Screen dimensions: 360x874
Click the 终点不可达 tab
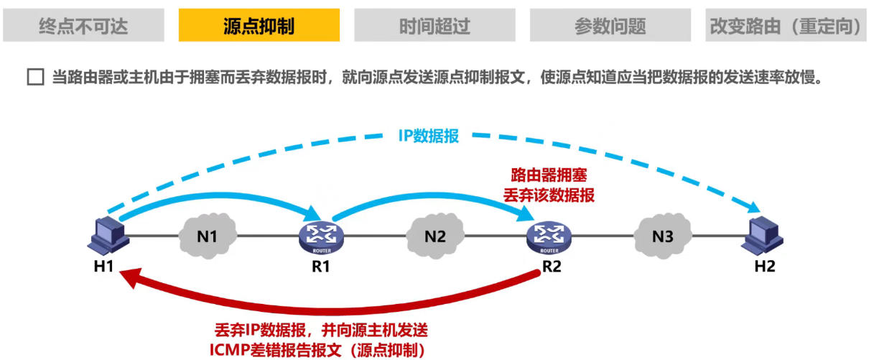pyautogui.click(x=83, y=26)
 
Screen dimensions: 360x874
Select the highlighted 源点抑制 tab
pyautogui.click(x=259, y=26)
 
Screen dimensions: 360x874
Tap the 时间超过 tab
pyautogui.click(x=434, y=26)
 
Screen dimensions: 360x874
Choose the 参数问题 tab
pyautogui.click(x=610, y=26)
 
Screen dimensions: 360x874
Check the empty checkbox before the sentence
pyautogui.click(x=35, y=78)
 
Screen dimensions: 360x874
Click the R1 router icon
pyautogui.click(x=321, y=236)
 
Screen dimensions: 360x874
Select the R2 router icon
pyautogui.click(x=548, y=236)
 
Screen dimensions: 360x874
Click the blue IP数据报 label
pyautogui.click(x=428, y=137)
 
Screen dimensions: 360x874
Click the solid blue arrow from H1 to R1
pyautogui.click(x=215, y=195)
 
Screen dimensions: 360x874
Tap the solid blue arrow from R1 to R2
pyautogui.click(x=431, y=190)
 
